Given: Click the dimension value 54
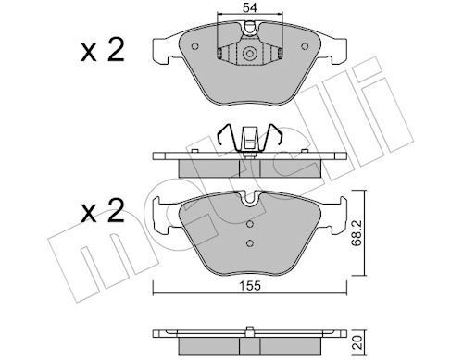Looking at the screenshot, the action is (x=250, y=7).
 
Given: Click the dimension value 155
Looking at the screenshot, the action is (x=251, y=286).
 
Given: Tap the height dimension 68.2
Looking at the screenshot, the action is (x=357, y=232).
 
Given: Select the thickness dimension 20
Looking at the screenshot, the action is (x=357, y=342).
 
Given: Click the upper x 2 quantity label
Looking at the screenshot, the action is (x=103, y=49).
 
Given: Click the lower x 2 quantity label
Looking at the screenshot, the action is (x=103, y=211).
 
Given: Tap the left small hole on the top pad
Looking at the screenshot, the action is (x=194, y=46).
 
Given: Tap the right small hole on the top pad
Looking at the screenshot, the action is (x=305, y=46).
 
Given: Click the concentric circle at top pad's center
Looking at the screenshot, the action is (x=250, y=54).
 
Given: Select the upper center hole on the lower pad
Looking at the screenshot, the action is (x=250, y=224).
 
